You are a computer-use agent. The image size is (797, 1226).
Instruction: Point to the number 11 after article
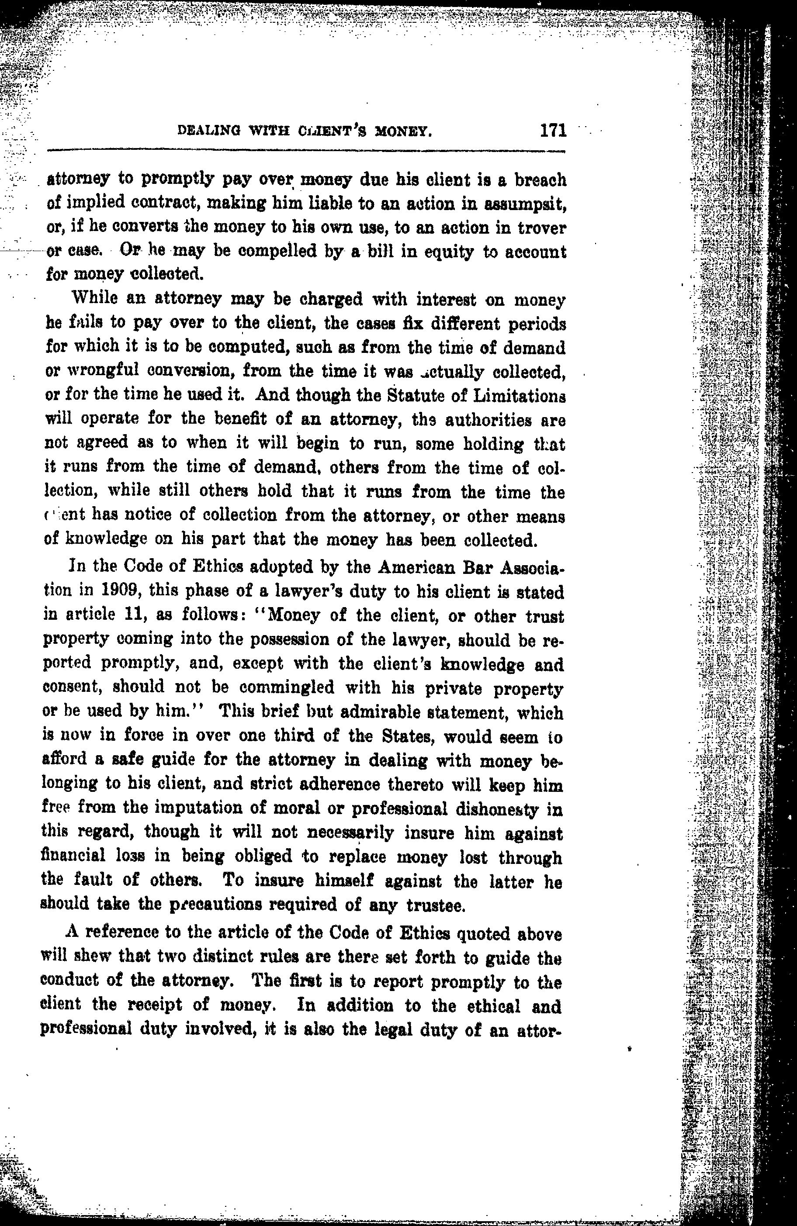pos(135,615)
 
